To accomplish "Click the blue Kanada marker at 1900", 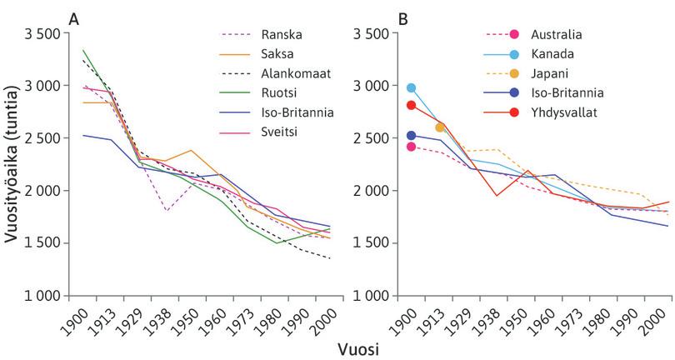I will coord(410,87).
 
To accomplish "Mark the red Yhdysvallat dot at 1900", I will coord(410,105).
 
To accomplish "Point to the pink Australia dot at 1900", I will coord(410,147).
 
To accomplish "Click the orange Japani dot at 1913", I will coord(439,127).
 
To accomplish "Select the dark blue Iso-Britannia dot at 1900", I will coord(410,136).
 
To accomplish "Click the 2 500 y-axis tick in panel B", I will coord(372,137).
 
